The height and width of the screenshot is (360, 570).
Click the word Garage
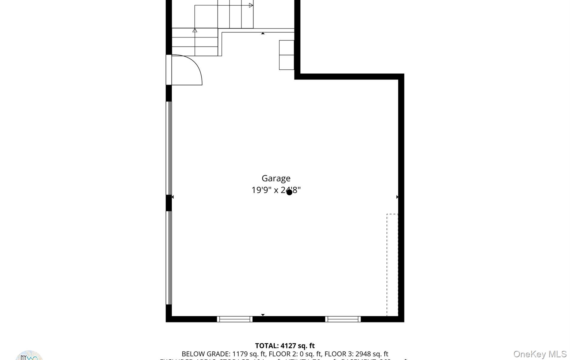tap(276, 178)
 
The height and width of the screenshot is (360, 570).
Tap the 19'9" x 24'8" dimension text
tap(276, 190)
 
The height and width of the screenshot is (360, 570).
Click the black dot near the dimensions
tap(289, 192)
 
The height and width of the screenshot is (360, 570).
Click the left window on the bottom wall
tap(235, 319)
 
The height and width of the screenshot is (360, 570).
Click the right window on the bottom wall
tap(343, 319)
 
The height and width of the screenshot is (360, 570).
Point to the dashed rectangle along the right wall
tap(392, 265)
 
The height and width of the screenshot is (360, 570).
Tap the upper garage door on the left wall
tap(169, 148)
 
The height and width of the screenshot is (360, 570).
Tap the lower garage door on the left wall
tap(169, 258)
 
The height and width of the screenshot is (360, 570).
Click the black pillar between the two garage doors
tap(169, 203)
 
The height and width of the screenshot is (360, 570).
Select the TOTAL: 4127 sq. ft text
tap(285, 346)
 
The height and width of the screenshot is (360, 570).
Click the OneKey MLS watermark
tap(540, 354)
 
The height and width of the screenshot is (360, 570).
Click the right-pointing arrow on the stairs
tap(251, 5)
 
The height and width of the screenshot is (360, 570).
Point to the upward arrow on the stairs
tap(195, 30)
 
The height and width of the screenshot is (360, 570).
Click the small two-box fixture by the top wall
tap(286, 55)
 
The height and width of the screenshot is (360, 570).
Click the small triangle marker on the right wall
tap(397, 197)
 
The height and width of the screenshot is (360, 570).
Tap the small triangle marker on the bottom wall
tap(263, 315)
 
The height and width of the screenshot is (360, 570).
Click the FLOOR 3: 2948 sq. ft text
tap(356, 354)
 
